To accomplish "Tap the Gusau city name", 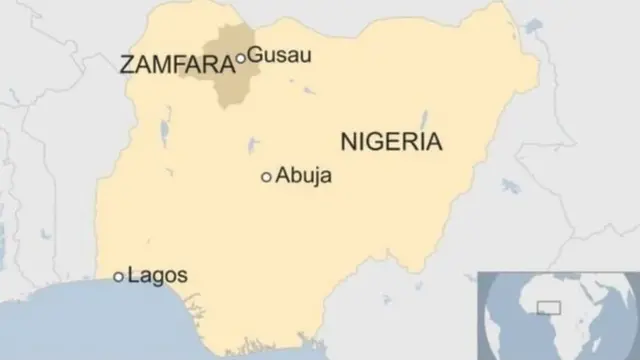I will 278,55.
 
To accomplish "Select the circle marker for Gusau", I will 240,59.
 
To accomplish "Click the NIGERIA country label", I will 391,141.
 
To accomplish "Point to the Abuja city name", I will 304,176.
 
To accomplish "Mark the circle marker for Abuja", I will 266,177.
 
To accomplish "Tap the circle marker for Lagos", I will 119,276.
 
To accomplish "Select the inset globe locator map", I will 558,314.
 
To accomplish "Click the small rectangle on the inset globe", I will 549,307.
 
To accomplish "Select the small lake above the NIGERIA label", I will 424,118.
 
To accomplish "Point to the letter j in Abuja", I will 314,178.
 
